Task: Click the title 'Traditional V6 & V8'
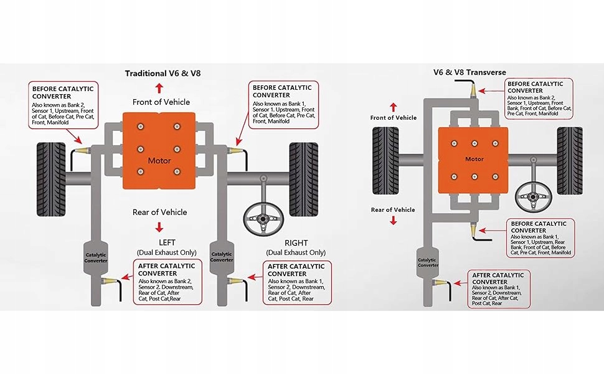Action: (x=163, y=73)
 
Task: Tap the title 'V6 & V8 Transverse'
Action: (x=470, y=72)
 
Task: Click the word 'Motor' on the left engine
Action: (x=159, y=161)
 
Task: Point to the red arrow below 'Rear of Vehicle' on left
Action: (x=159, y=227)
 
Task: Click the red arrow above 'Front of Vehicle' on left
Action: (x=159, y=87)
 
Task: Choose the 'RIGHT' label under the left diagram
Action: (x=296, y=242)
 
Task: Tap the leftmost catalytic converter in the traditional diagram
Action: (x=96, y=256)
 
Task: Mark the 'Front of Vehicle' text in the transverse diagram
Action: (x=394, y=118)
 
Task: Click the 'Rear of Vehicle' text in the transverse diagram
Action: (x=392, y=210)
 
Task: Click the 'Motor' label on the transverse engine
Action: (x=474, y=159)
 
